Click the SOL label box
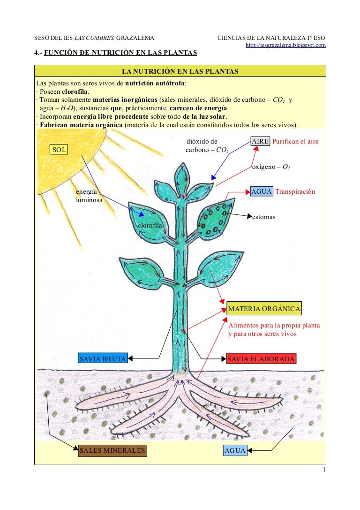59,150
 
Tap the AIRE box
260,141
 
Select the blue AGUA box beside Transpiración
262,192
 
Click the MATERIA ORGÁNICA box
264,309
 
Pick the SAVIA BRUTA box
103,359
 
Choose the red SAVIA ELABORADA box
261,359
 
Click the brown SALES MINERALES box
112,451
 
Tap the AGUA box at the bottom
235,451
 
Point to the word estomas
263,217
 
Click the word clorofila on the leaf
150,226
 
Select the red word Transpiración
295,192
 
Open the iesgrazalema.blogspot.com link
286,45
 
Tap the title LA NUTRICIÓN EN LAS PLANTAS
180,71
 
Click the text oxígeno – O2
270,167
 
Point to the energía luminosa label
89,196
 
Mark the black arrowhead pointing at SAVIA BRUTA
131,359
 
